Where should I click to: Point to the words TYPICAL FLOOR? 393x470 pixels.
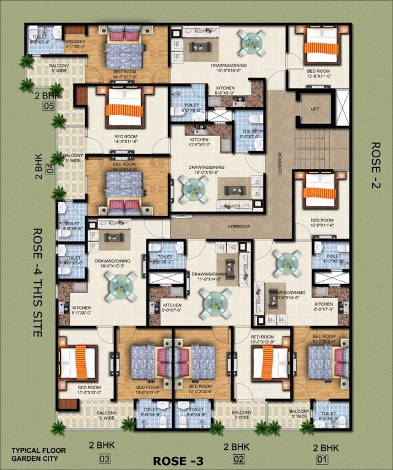click(x=37, y=450)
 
